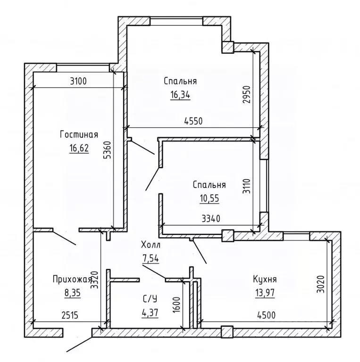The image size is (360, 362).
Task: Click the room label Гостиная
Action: point(79,135)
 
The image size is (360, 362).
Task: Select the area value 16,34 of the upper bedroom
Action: point(180,95)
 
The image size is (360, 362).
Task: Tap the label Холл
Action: point(151,245)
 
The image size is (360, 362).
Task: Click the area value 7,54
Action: point(151,258)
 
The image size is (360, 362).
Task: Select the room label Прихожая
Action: point(72,280)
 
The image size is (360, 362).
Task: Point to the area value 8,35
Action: point(72,293)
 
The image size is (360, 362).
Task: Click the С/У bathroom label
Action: point(150,298)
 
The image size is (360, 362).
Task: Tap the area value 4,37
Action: point(150,312)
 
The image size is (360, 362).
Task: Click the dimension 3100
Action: point(78,81)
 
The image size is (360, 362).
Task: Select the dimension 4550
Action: point(193,121)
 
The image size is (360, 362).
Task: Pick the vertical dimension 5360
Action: point(108,151)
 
